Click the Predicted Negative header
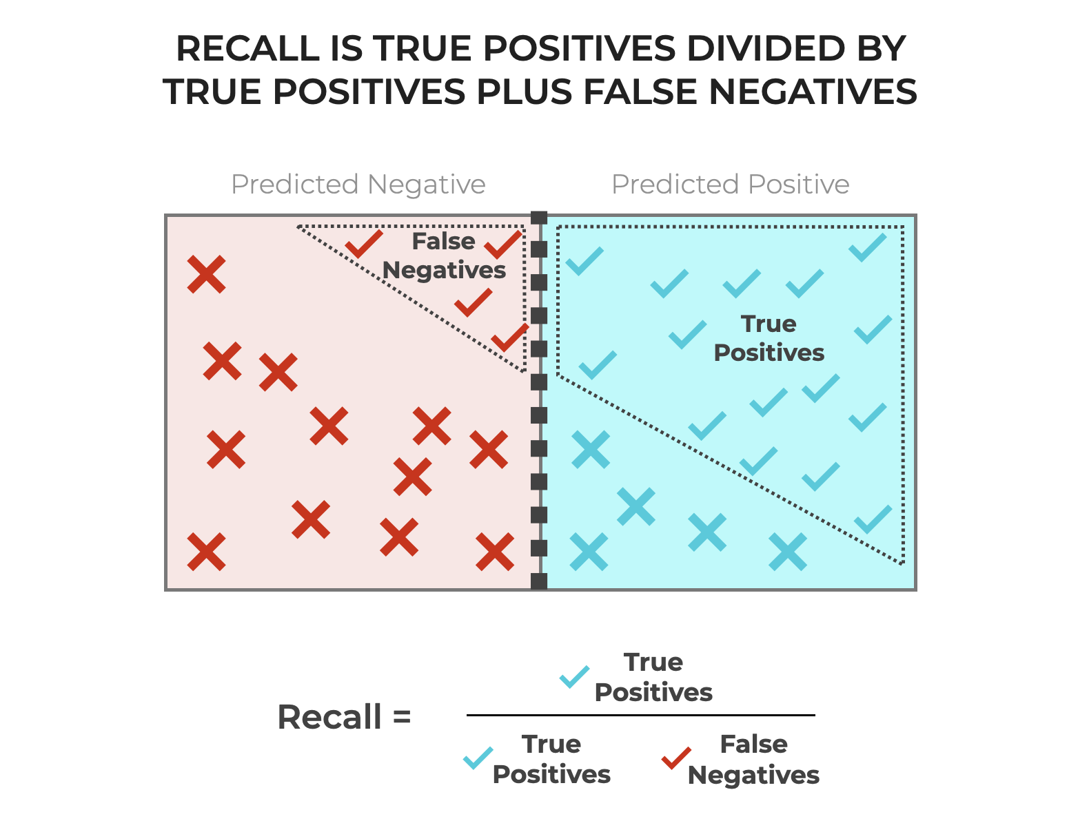358,185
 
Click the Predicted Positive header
730,185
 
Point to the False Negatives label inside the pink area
444,256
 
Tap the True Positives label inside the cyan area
769,338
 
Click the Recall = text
344,717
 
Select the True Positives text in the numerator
653,677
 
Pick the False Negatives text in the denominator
753,760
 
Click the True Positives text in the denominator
551,759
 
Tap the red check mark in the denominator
676,758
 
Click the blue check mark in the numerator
574,677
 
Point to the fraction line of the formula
640,716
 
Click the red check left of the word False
364,243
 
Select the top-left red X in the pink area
207,274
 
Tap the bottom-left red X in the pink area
206,552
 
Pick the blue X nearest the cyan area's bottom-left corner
589,552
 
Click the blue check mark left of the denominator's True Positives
478,758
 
